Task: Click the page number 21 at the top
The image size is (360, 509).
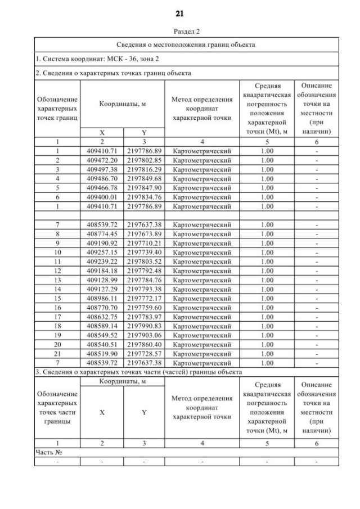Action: click(x=180, y=13)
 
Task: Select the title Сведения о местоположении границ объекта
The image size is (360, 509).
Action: click(x=186, y=44)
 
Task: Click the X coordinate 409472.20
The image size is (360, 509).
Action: click(x=102, y=160)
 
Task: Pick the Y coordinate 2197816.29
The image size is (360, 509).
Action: click(x=144, y=169)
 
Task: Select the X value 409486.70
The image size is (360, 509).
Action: click(x=102, y=178)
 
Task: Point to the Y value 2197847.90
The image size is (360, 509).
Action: click(x=144, y=188)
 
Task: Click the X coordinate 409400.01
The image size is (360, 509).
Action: click(x=102, y=197)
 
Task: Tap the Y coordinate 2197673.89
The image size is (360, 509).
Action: click(x=144, y=234)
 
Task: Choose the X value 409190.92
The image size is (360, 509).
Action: click(x=102, y=243)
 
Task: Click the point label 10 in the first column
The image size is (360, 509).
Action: click(x=57, y=252)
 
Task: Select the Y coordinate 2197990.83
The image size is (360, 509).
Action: click(x=144, y=326)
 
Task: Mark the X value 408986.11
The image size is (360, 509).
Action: click(x=102, y=298)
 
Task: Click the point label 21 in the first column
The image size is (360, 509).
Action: click(x=57, y=353)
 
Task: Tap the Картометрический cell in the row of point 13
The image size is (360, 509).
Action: click(x=202, y=280)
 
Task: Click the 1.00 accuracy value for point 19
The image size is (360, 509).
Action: click(x=267, y=335)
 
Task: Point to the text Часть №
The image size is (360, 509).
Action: click(x=48, y=452)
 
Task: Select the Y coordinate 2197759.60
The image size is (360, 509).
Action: click(x=144, y=308)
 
